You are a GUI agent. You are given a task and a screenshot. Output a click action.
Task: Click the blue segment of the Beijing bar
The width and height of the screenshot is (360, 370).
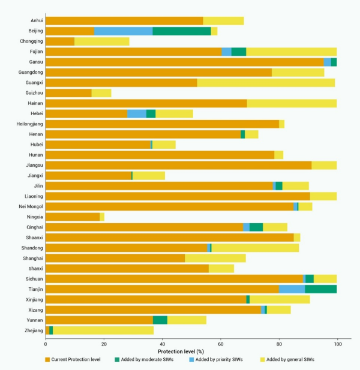tap(123, 31)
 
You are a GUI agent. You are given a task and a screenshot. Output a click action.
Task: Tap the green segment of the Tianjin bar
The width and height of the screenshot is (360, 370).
tap(320, 289)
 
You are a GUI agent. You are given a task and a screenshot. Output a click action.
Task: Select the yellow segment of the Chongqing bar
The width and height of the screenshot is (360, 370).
tap(102, 41)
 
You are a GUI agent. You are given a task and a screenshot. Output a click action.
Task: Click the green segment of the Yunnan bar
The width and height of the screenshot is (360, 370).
tap(160, 320)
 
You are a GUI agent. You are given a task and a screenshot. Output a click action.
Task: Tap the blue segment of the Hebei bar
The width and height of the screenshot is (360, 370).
tap(137, 114)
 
